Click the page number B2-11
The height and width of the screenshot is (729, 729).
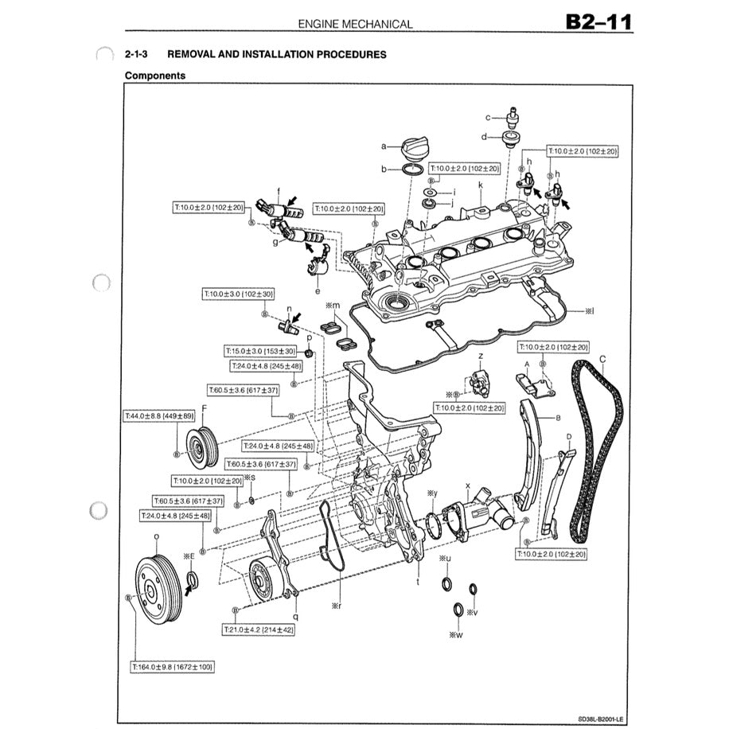[x=598, y=21]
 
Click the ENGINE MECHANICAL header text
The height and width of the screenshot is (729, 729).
[x=355, y=24]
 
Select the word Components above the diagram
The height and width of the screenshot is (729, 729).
[x=155, y=76]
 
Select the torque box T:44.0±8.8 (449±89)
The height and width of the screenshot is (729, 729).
[x=159, y=415]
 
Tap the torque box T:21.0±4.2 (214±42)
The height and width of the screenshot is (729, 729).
[x=259, y=629]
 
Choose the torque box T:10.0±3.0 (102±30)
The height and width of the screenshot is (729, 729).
[x=239, y=294]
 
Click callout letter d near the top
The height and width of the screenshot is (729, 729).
[x=484, y=136]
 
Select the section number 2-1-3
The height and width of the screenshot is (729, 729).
[x=136, y=54]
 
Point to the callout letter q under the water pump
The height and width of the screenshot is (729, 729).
[x=295, y=615]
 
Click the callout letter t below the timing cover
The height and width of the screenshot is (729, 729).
[x=418, y=582]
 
